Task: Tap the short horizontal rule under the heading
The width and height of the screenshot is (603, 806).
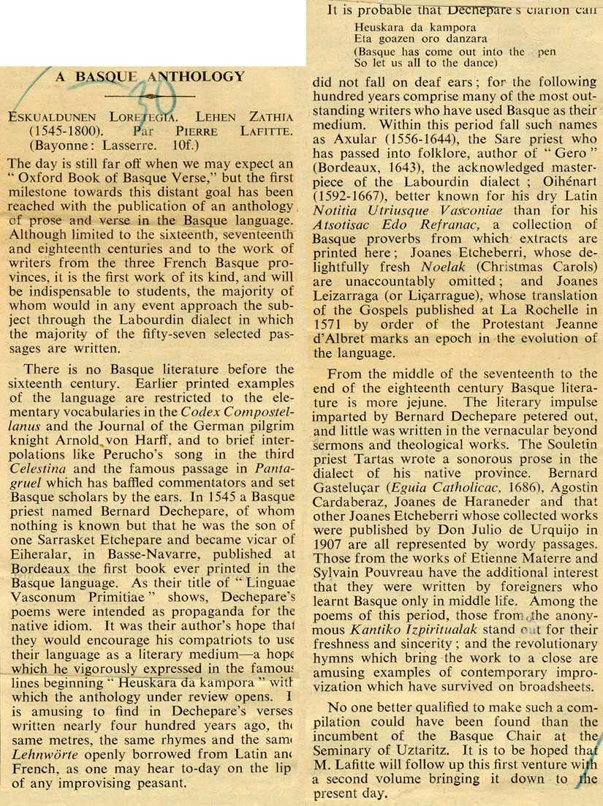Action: coord(150,96)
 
